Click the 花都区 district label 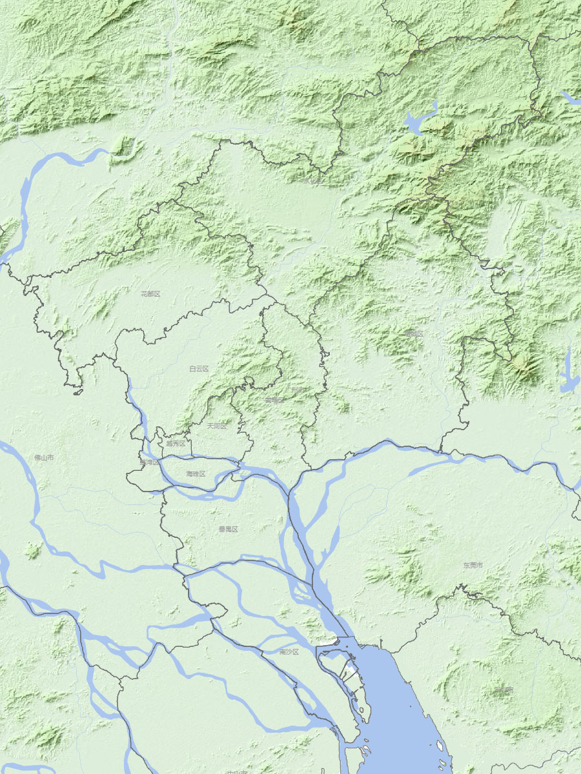pos(150,293)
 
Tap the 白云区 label pos(199,369)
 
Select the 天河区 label pos(217,426)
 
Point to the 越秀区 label pos(176,444)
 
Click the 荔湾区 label pos(148,462)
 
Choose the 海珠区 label pos(196,474)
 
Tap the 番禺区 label pos(228,529)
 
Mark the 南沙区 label pos(289,652)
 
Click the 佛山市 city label pos(44,457)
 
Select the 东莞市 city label pos(473,565)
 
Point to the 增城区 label pos(414,333)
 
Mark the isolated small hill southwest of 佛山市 pos(32,550)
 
